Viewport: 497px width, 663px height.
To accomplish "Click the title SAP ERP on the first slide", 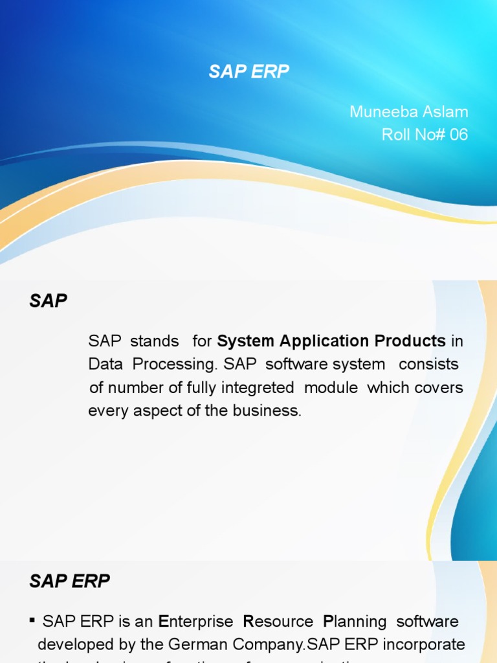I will [248, 72].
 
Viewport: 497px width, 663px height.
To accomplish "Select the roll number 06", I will [458, 135].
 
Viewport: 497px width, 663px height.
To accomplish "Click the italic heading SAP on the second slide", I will [49, 301].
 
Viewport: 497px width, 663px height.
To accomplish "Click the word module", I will [331, 388].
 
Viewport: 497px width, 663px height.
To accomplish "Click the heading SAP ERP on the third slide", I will [69, 581].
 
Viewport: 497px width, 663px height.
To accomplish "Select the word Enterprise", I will [196, 622].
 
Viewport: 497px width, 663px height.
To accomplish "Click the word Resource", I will [278, 622].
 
